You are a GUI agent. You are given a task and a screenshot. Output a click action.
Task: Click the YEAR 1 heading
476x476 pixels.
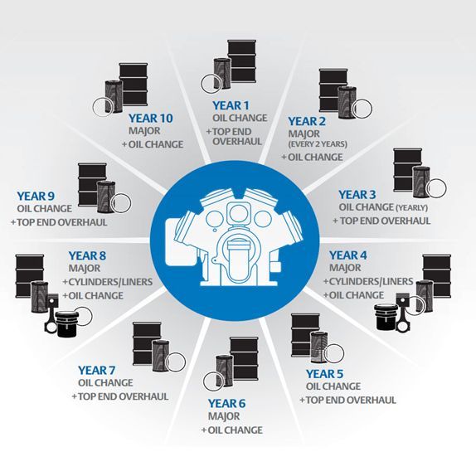231,105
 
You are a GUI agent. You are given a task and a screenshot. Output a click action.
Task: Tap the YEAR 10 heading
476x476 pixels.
151,119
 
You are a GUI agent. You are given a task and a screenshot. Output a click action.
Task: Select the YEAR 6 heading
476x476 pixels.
226,404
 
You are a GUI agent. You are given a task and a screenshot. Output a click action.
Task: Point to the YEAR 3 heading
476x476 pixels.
357,195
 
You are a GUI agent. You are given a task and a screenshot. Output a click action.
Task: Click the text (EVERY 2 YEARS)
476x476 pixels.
318,144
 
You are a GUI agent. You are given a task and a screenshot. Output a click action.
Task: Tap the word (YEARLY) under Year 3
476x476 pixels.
412,208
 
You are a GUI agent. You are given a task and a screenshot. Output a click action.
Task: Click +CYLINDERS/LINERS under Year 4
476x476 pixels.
368,281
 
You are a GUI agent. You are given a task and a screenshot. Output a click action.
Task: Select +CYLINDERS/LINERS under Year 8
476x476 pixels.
108,282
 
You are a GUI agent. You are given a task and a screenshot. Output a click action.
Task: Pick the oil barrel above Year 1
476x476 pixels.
242,61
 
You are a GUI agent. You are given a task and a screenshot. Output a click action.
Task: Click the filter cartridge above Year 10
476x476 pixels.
114,96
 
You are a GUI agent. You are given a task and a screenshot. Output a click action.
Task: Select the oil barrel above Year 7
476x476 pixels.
147,344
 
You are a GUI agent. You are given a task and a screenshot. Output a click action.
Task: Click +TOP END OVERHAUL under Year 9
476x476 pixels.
59,222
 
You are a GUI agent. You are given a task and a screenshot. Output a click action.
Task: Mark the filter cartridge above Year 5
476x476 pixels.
319,347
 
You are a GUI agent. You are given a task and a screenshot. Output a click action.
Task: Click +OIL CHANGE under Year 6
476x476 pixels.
232,430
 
